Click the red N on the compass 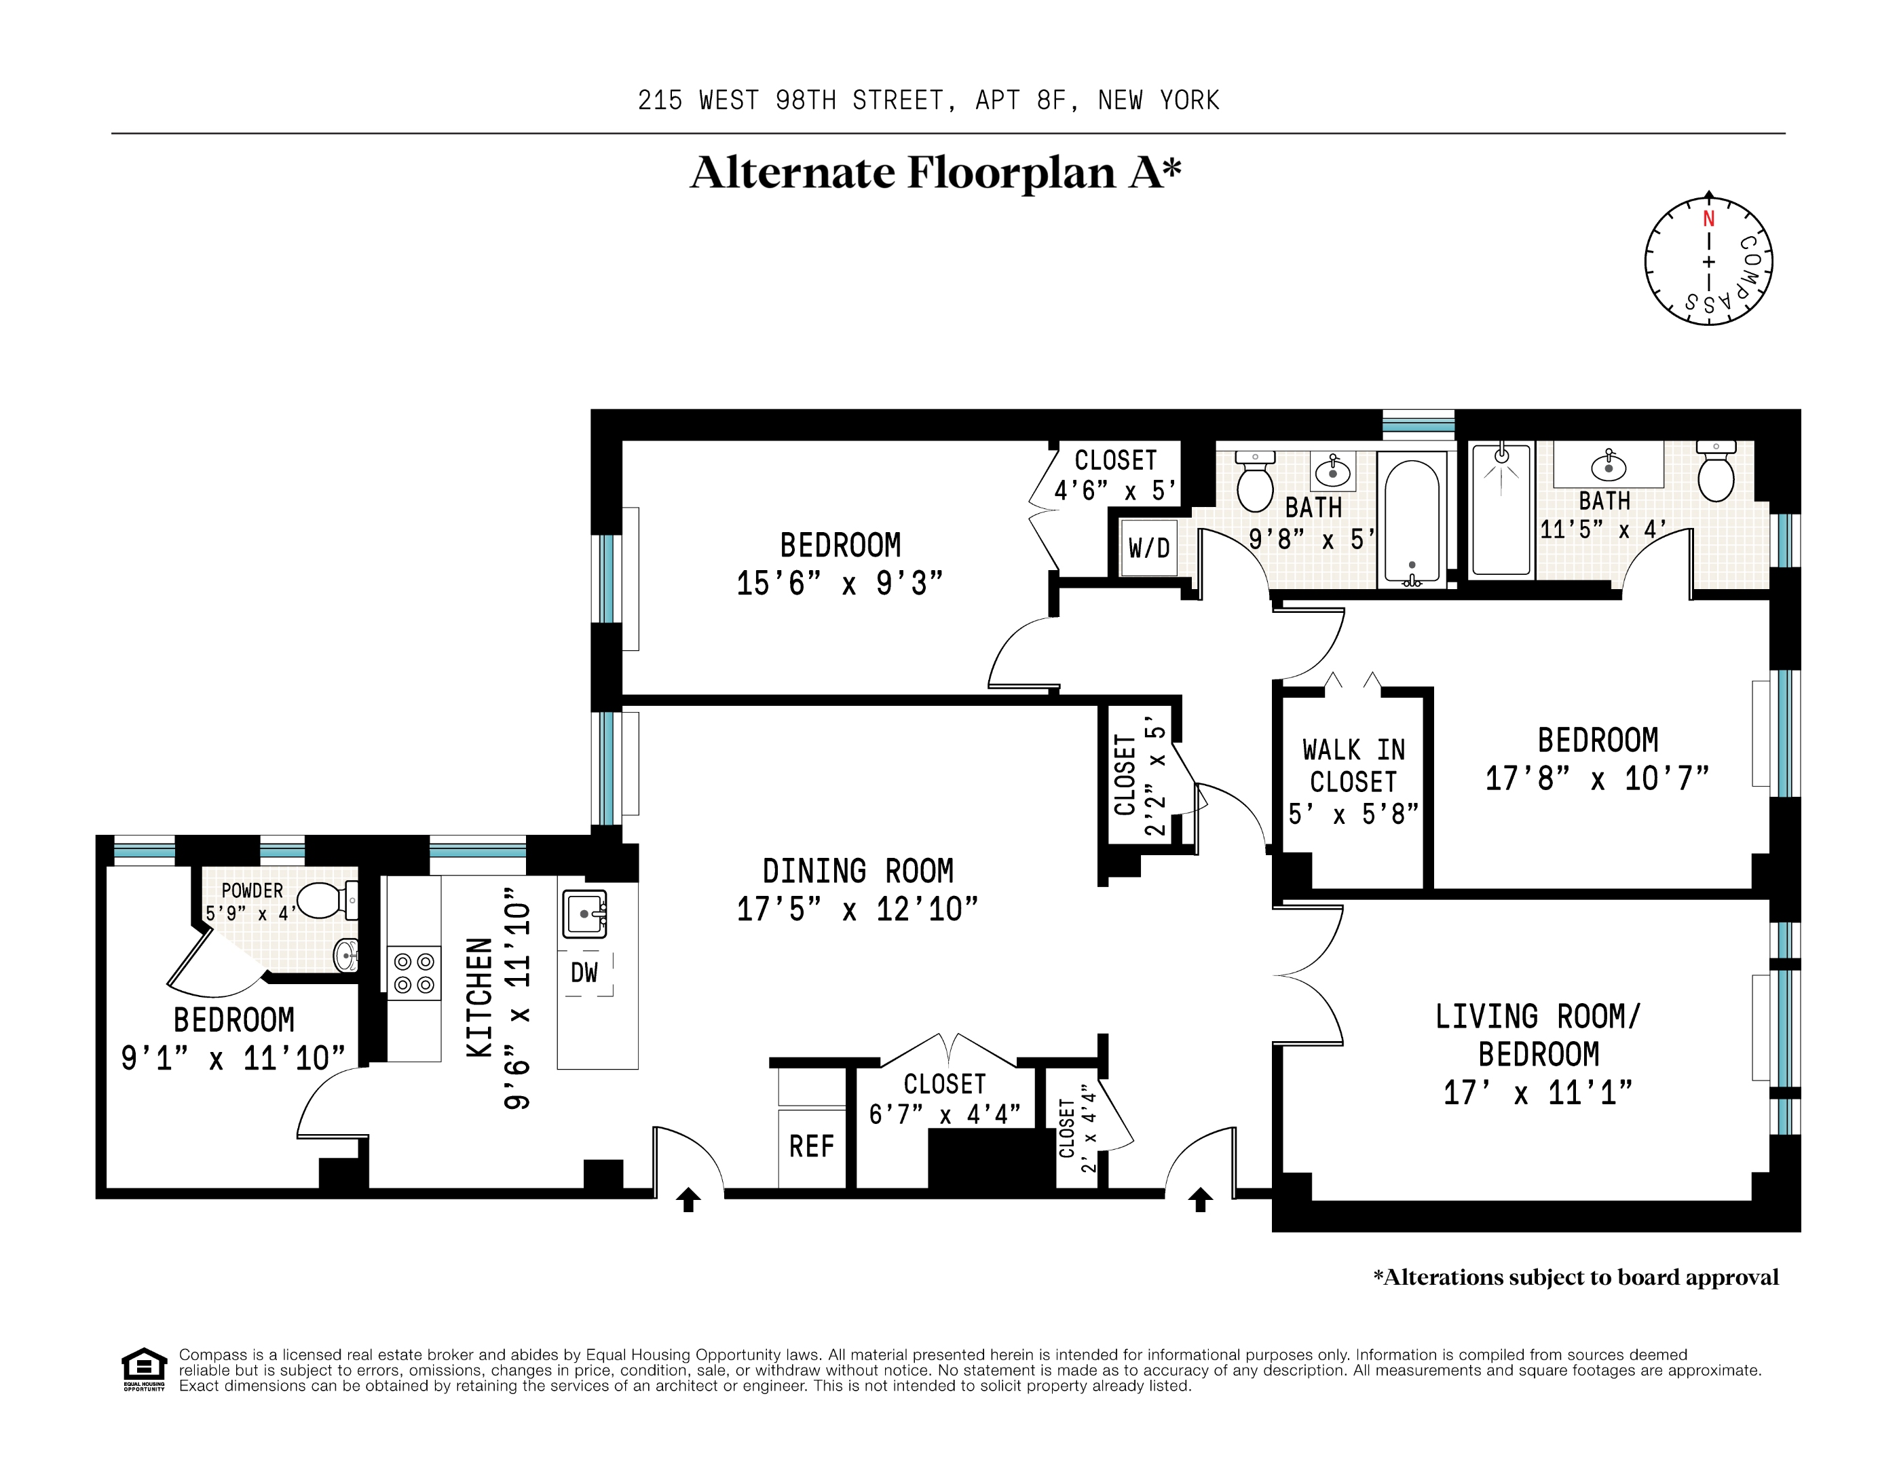[x=1708, y=219]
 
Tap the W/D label [x=1149, y=548]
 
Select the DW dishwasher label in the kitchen [x=584, y=972]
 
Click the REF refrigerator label [x=811, y=1146]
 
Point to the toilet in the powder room [x=327, y=900]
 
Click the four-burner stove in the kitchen [x=413, y=973]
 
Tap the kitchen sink [x=584, y=914]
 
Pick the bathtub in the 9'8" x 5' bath [x=1412, y=519]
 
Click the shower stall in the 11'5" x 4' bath [x=1501, y=509]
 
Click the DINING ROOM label [x=858, y=871]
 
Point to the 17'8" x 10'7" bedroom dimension [x=1597, y=778]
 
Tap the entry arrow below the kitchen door [x=688, y=1199]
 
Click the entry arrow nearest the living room [x=1201, y=1199]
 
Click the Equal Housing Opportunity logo [x=143, y=1370]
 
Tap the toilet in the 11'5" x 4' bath [x=1716, y=472]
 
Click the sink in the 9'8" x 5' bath [x=1333, y=470]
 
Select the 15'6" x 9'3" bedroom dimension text [x=840, y=583]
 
